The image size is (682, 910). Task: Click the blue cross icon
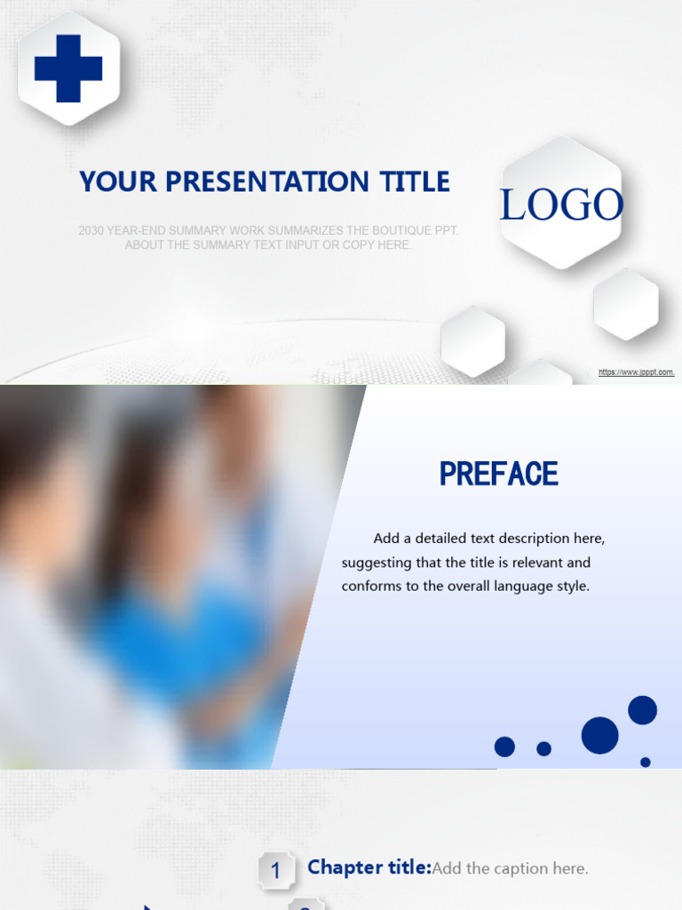68,68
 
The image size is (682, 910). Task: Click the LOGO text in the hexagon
561,205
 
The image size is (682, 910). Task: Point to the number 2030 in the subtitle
91,231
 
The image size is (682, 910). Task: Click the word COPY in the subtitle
339,245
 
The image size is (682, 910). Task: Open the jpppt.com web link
636,372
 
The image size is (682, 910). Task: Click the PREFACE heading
499,475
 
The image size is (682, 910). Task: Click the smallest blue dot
646,762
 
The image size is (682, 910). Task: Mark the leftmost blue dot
504,746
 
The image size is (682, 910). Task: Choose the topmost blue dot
642,710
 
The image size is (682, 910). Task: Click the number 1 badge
275,871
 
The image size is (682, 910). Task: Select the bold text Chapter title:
369,868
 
